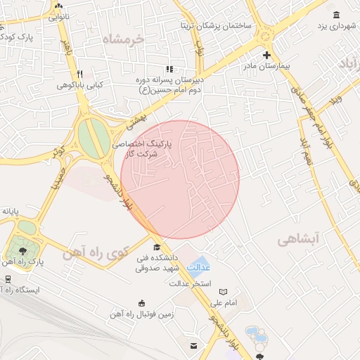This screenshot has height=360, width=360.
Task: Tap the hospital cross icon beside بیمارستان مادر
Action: point(266,55)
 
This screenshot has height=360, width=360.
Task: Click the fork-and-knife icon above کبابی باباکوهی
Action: point(80,73)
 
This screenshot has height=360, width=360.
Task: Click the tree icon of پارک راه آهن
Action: point(23,250)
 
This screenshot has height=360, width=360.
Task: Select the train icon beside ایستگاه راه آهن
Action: point(8,279)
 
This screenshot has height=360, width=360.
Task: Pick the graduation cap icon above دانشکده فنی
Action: point(157,246)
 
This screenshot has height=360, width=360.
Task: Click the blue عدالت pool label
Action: point(202,267)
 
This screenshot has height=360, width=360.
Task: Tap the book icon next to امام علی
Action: point(224,292)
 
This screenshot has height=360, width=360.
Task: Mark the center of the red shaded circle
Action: point(180,179)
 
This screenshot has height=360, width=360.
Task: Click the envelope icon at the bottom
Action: point(193,345)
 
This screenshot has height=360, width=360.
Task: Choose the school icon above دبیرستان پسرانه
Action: point(169,69)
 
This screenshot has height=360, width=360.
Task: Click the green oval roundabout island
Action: point(89,139)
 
